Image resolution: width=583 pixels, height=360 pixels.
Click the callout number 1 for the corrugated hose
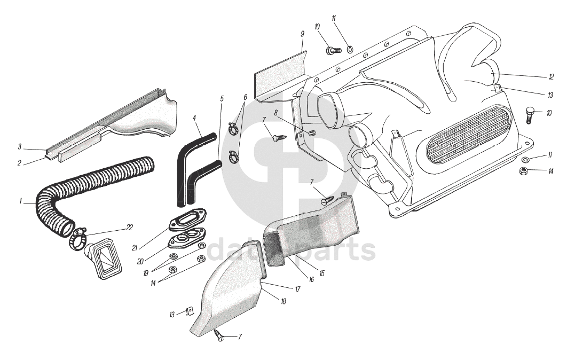pos(20,202)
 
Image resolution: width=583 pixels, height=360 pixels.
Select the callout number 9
pos(302,34)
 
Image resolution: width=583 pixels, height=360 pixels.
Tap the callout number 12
pos(552,76)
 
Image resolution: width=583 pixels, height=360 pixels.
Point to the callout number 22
pos(129,227)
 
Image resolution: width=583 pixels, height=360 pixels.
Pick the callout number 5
pos(222,98)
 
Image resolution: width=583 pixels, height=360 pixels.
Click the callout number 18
pos(283,301)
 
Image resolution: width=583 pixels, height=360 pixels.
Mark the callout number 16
pos(311,279)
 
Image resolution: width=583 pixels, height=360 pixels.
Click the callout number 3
pos(19,146)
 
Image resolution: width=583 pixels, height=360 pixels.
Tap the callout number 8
pos(276,113)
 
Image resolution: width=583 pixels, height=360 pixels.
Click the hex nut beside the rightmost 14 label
pos(524,171)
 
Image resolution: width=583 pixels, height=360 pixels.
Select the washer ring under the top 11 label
pos(350,49)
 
